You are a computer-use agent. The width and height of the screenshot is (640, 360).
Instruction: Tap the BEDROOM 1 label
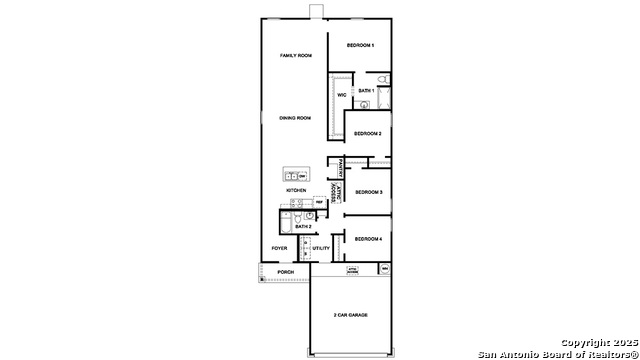(x=360, y=46)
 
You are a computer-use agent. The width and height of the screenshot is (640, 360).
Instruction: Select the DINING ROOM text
(x=295, y=118)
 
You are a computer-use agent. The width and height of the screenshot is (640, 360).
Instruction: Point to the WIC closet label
(x=341, y=95)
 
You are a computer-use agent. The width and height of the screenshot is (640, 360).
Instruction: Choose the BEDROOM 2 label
(x=367, y=132)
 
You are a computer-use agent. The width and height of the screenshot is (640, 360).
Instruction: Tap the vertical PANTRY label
(x=341, y=167)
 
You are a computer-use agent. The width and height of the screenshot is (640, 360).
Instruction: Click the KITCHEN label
(x=296, y=190)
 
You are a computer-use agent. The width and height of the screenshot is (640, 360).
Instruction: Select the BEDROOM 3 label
(x=369, y=192)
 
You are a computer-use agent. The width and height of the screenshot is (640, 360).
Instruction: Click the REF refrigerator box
(x=319, y=202)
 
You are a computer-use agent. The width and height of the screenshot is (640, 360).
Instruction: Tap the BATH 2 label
(x=303, y=227)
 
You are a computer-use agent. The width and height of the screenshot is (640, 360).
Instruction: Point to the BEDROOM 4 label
(x=368, y=238)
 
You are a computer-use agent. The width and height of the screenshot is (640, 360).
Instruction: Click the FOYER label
(x=280, y=248)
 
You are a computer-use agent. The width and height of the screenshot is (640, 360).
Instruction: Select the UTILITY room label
(x=321, y=248)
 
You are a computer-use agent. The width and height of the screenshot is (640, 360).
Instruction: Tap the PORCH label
(x=286, y=272)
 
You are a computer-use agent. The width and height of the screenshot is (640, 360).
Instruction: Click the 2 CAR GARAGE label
(x=351, y=315)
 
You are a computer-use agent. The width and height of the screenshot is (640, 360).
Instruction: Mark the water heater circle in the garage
(x=384, y=269)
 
